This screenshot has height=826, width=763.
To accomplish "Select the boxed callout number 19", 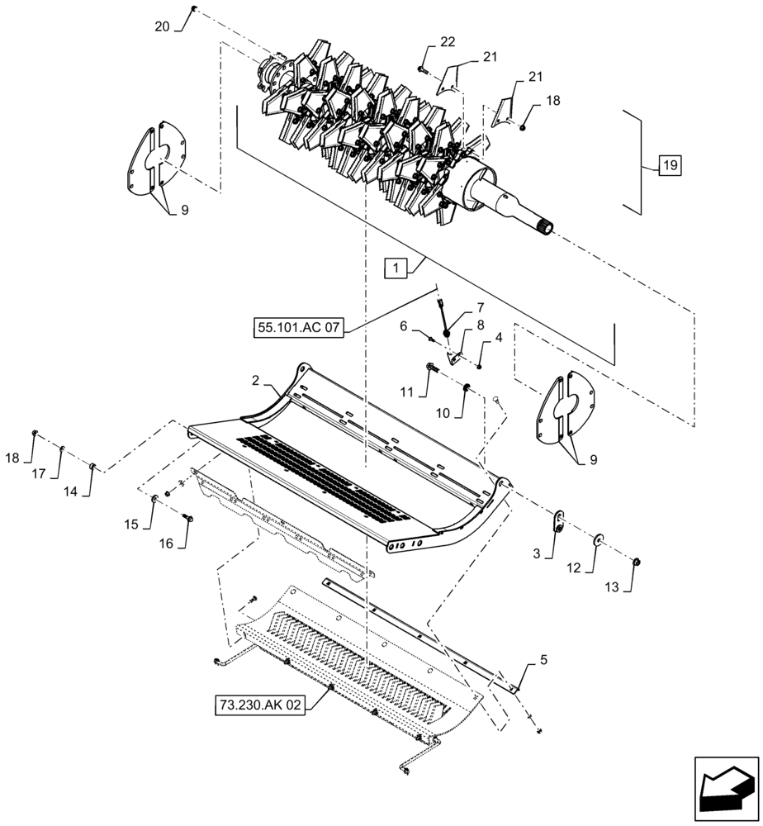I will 670,166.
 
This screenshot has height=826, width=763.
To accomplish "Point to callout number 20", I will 163,26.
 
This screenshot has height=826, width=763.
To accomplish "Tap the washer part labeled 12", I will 597,541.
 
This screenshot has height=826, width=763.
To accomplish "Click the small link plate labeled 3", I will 559,518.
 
